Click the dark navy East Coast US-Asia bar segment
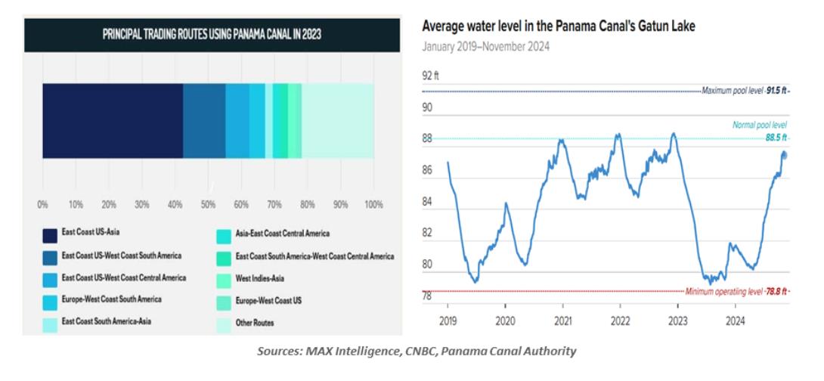click(113, 120)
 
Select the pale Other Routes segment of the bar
click(338, 120)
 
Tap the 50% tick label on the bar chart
click(208, 204)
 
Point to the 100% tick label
click(373, 204)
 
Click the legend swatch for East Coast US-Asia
click(50, 234)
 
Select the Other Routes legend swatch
click(224, 323)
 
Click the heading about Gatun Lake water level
click(559, 26)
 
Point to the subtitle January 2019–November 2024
click(485, 47)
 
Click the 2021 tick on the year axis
click(563, 319)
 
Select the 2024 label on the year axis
click(733, 319)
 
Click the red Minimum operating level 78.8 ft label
click(736, 291)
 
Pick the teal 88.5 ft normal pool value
click(774, 138)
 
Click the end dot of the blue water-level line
click(784, 155)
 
